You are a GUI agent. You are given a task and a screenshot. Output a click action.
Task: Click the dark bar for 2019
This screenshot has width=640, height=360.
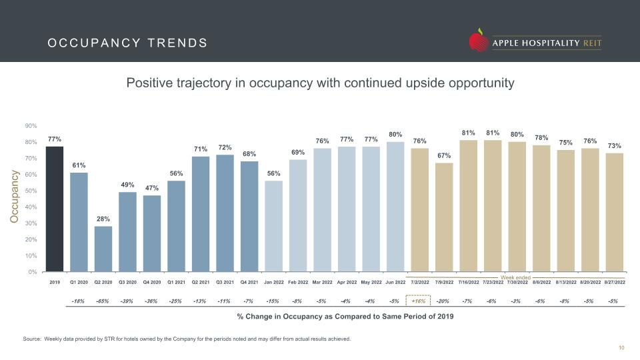coord(54,209)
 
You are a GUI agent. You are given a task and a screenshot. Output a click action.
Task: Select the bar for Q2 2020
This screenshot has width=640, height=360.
coord(103,249)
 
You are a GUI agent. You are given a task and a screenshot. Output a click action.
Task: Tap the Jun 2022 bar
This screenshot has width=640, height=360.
coord(395,207)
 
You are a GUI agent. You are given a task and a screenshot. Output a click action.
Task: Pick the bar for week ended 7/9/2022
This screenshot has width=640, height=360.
coord(444,217)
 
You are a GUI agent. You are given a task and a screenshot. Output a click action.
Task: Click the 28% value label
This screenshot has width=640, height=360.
coord(103,219)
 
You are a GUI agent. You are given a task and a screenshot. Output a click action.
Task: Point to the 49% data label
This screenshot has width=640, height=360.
coord(127,185)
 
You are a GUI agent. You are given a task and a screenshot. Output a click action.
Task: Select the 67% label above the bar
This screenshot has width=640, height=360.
coord(444,155)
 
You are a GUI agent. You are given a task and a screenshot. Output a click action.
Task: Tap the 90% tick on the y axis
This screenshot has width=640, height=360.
coord(31,126)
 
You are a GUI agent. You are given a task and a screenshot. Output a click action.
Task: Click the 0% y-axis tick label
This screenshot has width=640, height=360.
coord(33,272)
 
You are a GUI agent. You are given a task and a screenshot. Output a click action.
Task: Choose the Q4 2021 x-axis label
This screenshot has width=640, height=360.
coord(249,282)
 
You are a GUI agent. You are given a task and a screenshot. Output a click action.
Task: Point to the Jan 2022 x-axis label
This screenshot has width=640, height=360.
coord(273,282)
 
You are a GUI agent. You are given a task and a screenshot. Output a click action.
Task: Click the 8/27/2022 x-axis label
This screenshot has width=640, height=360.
coord(615,282)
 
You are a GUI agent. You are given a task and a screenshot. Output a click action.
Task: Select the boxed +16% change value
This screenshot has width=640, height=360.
coord(419,301)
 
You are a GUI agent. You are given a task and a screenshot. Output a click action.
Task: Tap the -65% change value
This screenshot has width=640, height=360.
coord(103,301)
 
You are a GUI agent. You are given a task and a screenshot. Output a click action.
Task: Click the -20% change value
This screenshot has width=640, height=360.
coord(443,301)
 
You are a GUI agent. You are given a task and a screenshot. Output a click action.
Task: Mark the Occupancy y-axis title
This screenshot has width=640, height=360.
coord(15,197)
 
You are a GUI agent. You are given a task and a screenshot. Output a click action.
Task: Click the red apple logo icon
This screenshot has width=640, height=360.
coord(479,41)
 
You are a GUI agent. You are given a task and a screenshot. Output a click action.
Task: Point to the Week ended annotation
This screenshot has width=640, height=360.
coord(515,277)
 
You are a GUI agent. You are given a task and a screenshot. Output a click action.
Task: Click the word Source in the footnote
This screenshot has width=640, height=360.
coord(32,339)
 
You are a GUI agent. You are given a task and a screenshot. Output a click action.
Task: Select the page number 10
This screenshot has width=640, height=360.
coord(621,348)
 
